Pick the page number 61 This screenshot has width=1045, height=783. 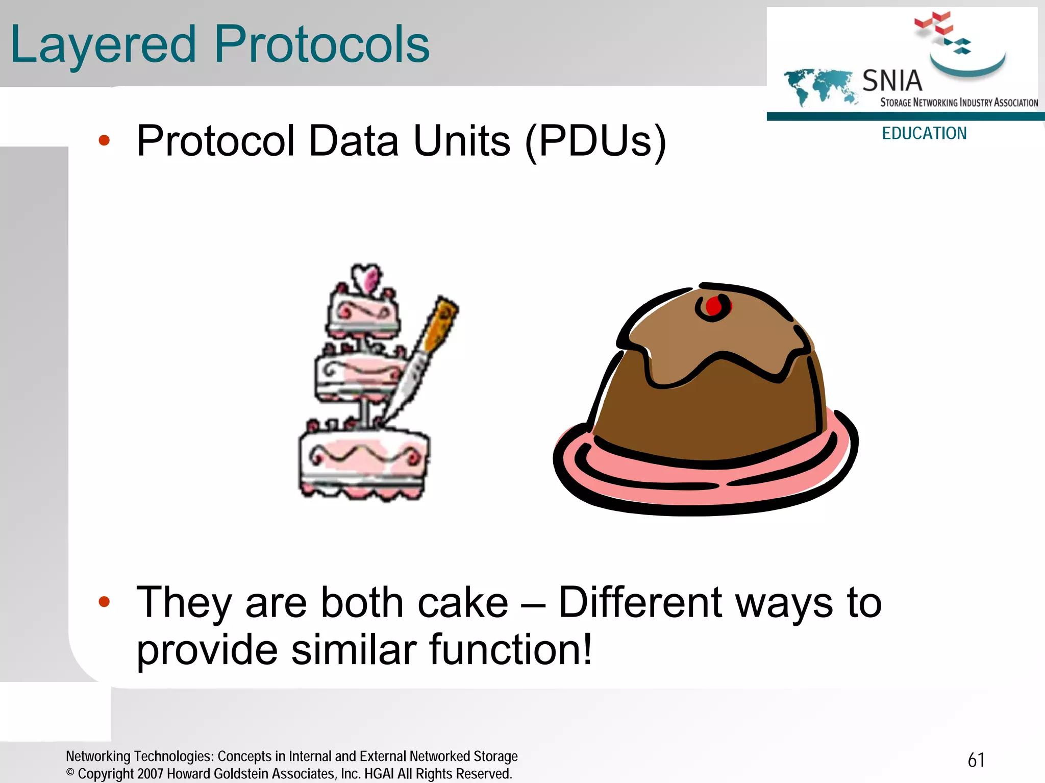click(976, 760)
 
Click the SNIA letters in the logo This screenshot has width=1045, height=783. click(892, 81)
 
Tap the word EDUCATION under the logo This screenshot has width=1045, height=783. click(924, 133)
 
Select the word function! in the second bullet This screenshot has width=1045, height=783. click(510, 650)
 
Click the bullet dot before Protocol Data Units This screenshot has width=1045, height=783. click(104, 140)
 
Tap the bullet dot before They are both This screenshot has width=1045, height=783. click(104, 602)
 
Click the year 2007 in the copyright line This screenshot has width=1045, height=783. click(150, 774)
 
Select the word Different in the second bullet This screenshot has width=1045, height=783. click(640, 603)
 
